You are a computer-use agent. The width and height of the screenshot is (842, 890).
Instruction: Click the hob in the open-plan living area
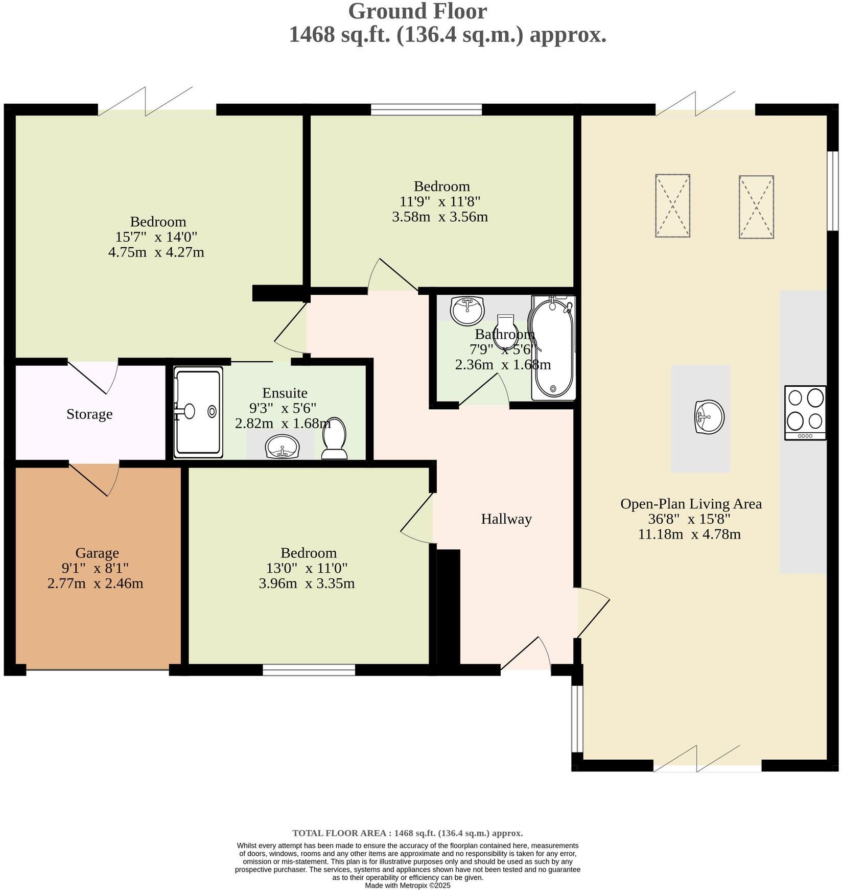(805, 412)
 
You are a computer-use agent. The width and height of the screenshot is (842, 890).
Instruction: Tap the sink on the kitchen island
(709, 416)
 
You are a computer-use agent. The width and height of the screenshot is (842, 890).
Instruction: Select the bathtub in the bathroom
(553, 348)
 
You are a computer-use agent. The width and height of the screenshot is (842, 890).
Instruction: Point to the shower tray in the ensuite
(198, 412)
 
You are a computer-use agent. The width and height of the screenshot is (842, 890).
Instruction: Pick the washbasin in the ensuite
(282, 447)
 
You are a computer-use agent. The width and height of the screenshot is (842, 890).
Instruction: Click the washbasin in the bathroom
(467, 310)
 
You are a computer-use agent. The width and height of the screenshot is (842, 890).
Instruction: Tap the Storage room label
(89, 414)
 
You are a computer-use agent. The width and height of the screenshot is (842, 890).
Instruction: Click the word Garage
(97, 553)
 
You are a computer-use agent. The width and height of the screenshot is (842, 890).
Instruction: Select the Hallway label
(506, 519)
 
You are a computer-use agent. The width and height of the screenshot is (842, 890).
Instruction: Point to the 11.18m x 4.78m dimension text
(689, 534)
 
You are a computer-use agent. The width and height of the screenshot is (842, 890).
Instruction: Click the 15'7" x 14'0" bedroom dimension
(156, 237)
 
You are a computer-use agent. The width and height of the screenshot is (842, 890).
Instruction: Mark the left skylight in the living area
(672, 205)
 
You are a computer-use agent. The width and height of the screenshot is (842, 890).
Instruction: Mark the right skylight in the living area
(756, 207)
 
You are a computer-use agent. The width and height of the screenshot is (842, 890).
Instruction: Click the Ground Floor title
(417, 11)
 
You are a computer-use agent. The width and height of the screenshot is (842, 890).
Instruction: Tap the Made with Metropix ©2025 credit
(407, 885)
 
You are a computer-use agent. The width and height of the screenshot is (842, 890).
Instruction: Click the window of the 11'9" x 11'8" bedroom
(426, 109)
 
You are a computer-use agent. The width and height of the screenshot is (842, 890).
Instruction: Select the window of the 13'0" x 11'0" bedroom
(309, 670)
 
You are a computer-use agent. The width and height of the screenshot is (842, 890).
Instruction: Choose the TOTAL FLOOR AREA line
(407, 833)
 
